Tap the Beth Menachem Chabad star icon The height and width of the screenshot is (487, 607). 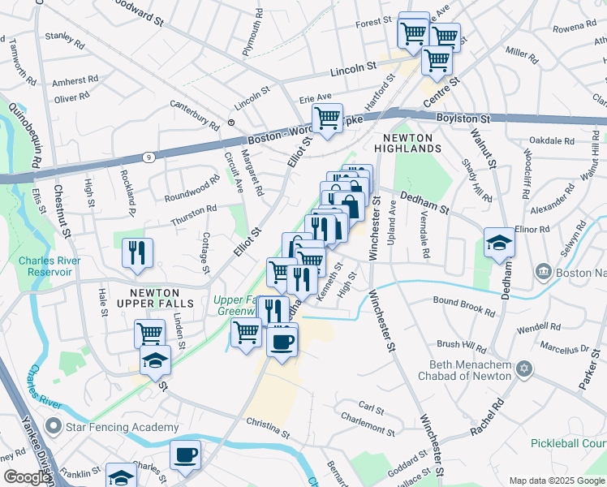(523, 370)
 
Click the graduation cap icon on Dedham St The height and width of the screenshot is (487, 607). (499, 242)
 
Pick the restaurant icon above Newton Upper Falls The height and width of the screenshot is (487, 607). (137, 252)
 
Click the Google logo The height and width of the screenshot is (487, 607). (26, 477)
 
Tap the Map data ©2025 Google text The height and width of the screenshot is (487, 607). (556, 481)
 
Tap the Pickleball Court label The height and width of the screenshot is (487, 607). (568, 443)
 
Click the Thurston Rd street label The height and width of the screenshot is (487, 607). (193, 209)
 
